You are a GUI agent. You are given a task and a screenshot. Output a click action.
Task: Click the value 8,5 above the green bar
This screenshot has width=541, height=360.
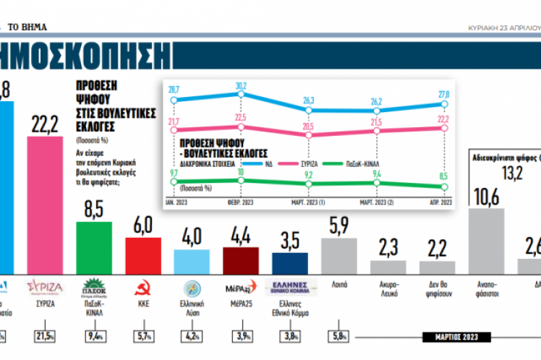coord(94,210)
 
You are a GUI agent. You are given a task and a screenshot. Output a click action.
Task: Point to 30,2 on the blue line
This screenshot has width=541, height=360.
coord(241,85)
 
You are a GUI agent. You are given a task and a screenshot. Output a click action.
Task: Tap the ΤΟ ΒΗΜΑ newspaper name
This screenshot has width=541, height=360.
coord(29,27)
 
